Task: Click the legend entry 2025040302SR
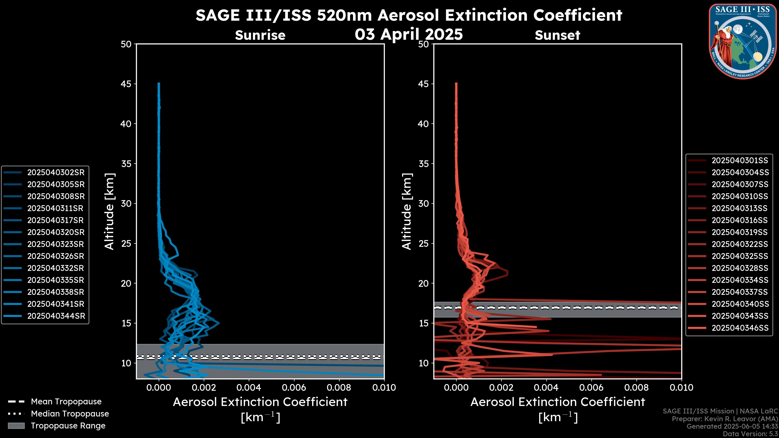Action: coord(56,172)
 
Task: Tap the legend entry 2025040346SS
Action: coord(740,328)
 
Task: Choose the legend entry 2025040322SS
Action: coord(740,244)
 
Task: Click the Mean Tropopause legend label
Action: coord(66,402)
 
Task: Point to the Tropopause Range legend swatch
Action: coord(16,426)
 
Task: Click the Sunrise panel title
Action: coord(260,35)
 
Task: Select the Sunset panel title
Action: coord(557,35)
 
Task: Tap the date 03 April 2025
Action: coord(409,34)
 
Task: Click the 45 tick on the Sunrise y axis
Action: coord(126,84)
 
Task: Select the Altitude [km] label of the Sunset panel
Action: coord(407,211)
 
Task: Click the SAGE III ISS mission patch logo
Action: coord(743,41)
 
